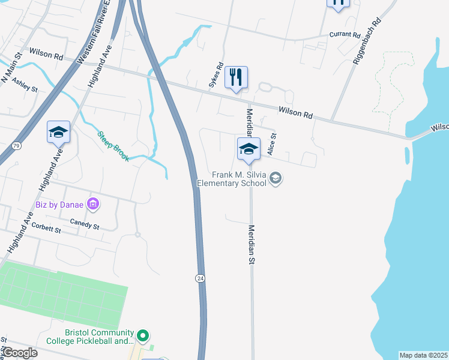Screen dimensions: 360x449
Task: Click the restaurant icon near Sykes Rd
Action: (236, 77)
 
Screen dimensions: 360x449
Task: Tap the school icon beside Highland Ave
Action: (59, 133)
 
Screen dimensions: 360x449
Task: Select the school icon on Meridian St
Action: (249, 149)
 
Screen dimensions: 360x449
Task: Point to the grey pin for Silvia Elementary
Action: (276, 178)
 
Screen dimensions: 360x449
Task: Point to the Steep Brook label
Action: (113, 146)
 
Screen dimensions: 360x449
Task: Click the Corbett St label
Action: (46, 229)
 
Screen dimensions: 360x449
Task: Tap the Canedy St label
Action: (84, 224)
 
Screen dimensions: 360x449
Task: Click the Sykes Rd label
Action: (215, 76)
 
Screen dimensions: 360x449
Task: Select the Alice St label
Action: (271, 145)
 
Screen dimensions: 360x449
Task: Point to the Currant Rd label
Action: (344, 35)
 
